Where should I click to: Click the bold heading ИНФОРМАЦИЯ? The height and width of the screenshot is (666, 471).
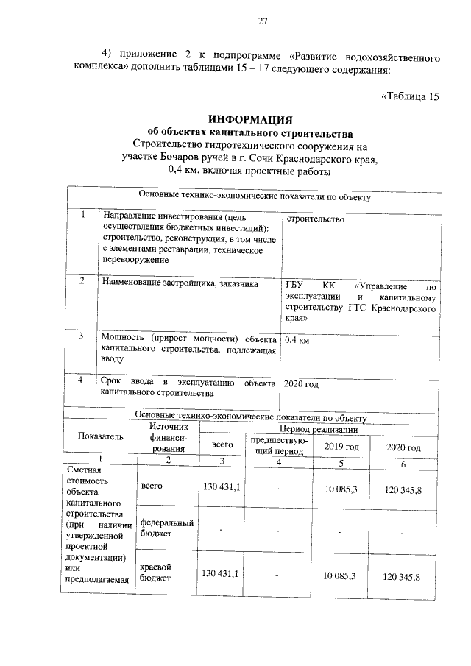[250, 119]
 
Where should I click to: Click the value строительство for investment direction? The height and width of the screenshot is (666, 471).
[315, 219]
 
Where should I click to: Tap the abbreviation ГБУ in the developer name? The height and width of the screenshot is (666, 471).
[294, 286]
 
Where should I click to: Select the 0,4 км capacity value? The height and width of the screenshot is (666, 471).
[297, 341]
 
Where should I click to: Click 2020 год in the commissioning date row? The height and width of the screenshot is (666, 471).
[301, 384]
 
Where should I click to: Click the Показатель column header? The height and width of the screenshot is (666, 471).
[101, 437]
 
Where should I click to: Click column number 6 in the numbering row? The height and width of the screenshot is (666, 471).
[403, 464]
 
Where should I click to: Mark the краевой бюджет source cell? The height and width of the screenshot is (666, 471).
[155, 573]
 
